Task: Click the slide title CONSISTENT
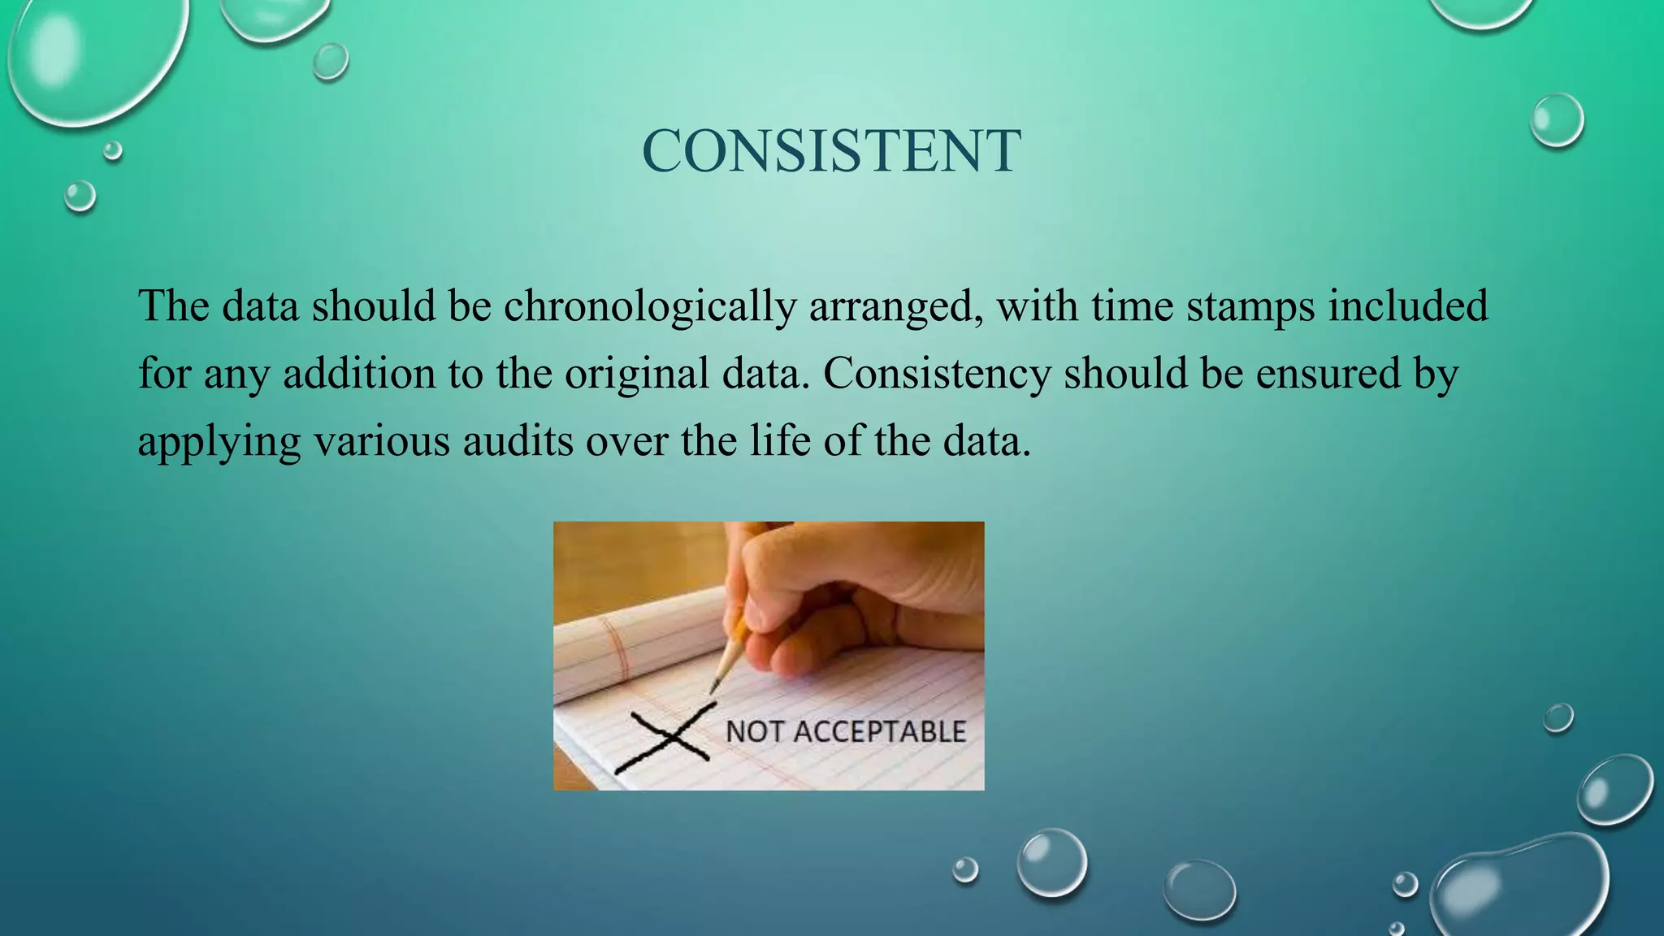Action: (x=831, y=151)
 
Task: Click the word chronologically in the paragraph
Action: (x=649, y=307)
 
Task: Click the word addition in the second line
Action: (x=359, y=374)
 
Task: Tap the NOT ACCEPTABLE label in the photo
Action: (x=845, y=731)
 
